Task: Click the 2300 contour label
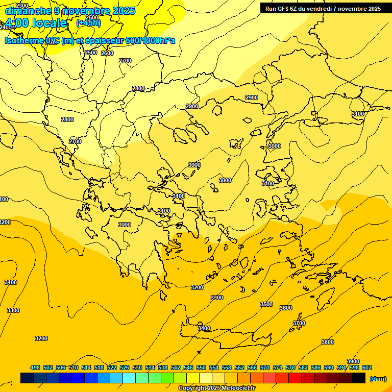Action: (x=22, y=6)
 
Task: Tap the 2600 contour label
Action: (x=107, y=53)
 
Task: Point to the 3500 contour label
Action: (x=266, y=304)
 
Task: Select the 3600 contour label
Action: (x=286, y=308)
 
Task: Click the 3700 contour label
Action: (x=299, y=323)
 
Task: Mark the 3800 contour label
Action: (x=328, y=342)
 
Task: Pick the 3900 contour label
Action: (x=353, y=361)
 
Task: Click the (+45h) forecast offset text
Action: (x=88, y=23)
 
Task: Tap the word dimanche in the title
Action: (x=28, y=10)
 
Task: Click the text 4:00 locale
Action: (x=36, y=23)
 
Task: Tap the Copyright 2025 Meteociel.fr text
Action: (x=216, y=388)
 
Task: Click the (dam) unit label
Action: (x=378, y=378)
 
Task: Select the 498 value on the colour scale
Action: (x=35, y=367)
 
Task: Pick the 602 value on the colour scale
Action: (x=367, y=367)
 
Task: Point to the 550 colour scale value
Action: (x=201, y=367)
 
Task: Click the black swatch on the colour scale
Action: (x=359, y=378)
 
